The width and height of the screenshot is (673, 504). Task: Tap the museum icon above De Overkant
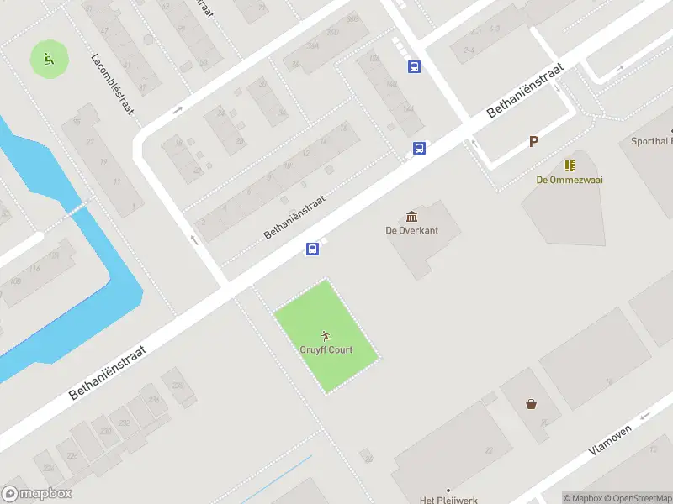(x=411, y=217)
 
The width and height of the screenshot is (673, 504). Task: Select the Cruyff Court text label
(x=326, y=349)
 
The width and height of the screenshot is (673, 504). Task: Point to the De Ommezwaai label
(x=570, y=180)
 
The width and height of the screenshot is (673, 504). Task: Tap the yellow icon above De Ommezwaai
(x=570, y=165)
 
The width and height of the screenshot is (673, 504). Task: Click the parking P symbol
(x=533, y=142)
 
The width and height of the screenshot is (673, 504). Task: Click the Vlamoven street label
(x=609, y=439)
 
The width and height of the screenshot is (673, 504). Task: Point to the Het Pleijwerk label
(x=448, y=500)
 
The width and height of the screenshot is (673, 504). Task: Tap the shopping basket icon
(x=532, y=403)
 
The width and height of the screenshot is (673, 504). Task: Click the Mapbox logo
(x=37, y=494)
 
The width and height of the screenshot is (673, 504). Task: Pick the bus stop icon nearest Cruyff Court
(x=312, y=249)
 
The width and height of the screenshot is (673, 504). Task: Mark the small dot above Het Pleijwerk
(x=448, y=490)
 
